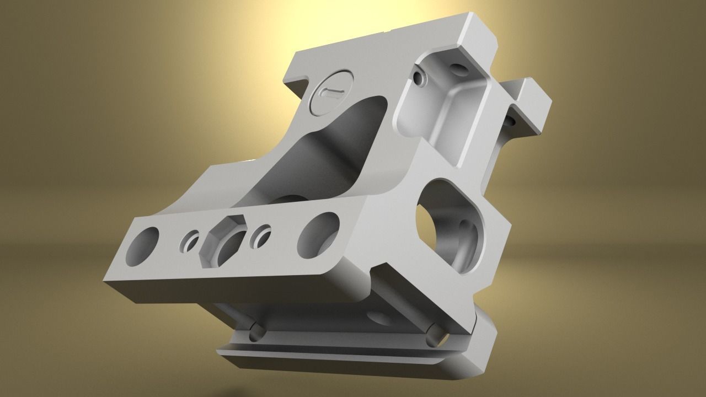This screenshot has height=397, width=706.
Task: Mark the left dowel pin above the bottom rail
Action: coord(256,332)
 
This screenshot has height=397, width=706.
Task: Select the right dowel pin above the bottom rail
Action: coord(434,334)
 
